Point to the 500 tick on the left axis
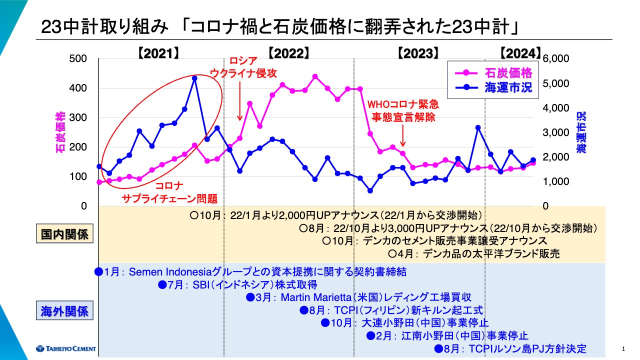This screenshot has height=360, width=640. [79, 58]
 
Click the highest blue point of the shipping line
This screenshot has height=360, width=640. [194, 78]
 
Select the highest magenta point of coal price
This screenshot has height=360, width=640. [315, 76]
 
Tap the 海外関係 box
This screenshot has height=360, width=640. [65, 312]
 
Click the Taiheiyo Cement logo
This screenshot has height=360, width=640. [66, 348]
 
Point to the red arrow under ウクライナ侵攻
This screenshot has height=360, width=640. [240, 102]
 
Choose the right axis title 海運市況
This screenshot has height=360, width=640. [581, 132]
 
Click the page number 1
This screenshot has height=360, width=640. [623, 348]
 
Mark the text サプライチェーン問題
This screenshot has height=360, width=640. [170, 198]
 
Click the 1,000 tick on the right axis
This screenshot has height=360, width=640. [556, 181]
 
